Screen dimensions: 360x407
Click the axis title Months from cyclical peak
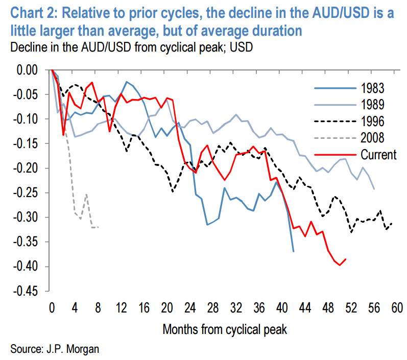coord(225,329)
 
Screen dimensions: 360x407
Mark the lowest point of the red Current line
coord(340,265)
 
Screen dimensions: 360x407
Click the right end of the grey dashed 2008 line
coord(98,227)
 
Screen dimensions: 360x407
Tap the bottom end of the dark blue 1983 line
coord(293,251)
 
